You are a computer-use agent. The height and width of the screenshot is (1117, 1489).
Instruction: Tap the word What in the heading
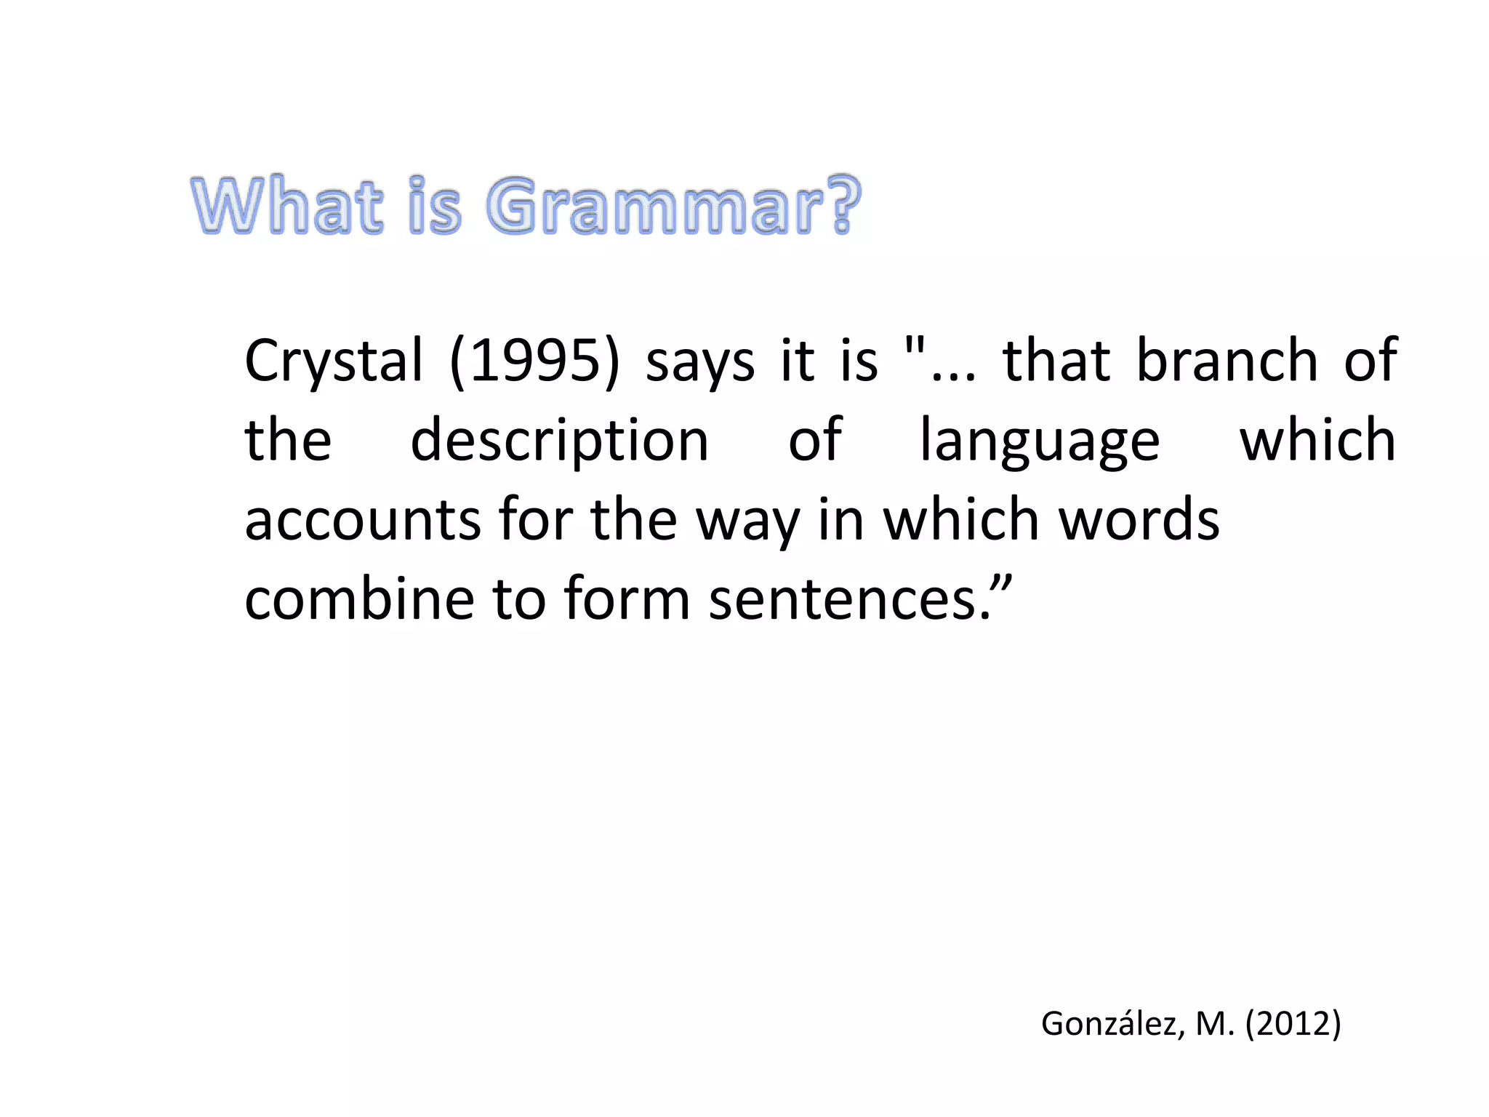(x=286, y=207)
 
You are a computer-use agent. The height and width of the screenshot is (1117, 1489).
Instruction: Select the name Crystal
(x=333, y=361)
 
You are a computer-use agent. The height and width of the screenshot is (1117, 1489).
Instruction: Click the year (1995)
(x=534, y=361)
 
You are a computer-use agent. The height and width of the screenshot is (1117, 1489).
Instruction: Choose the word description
(x=559, y=441)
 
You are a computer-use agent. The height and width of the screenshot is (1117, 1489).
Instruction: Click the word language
(x=1040, y=441)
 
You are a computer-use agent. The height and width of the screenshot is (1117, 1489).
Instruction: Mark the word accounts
(x=362, y=521)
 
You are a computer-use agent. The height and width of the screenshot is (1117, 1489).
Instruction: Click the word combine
(x=359, y=599)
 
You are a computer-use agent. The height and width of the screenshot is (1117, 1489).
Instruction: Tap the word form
(x=626, y=599)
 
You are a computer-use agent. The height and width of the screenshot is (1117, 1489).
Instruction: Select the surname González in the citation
(x=1108, y=1024)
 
